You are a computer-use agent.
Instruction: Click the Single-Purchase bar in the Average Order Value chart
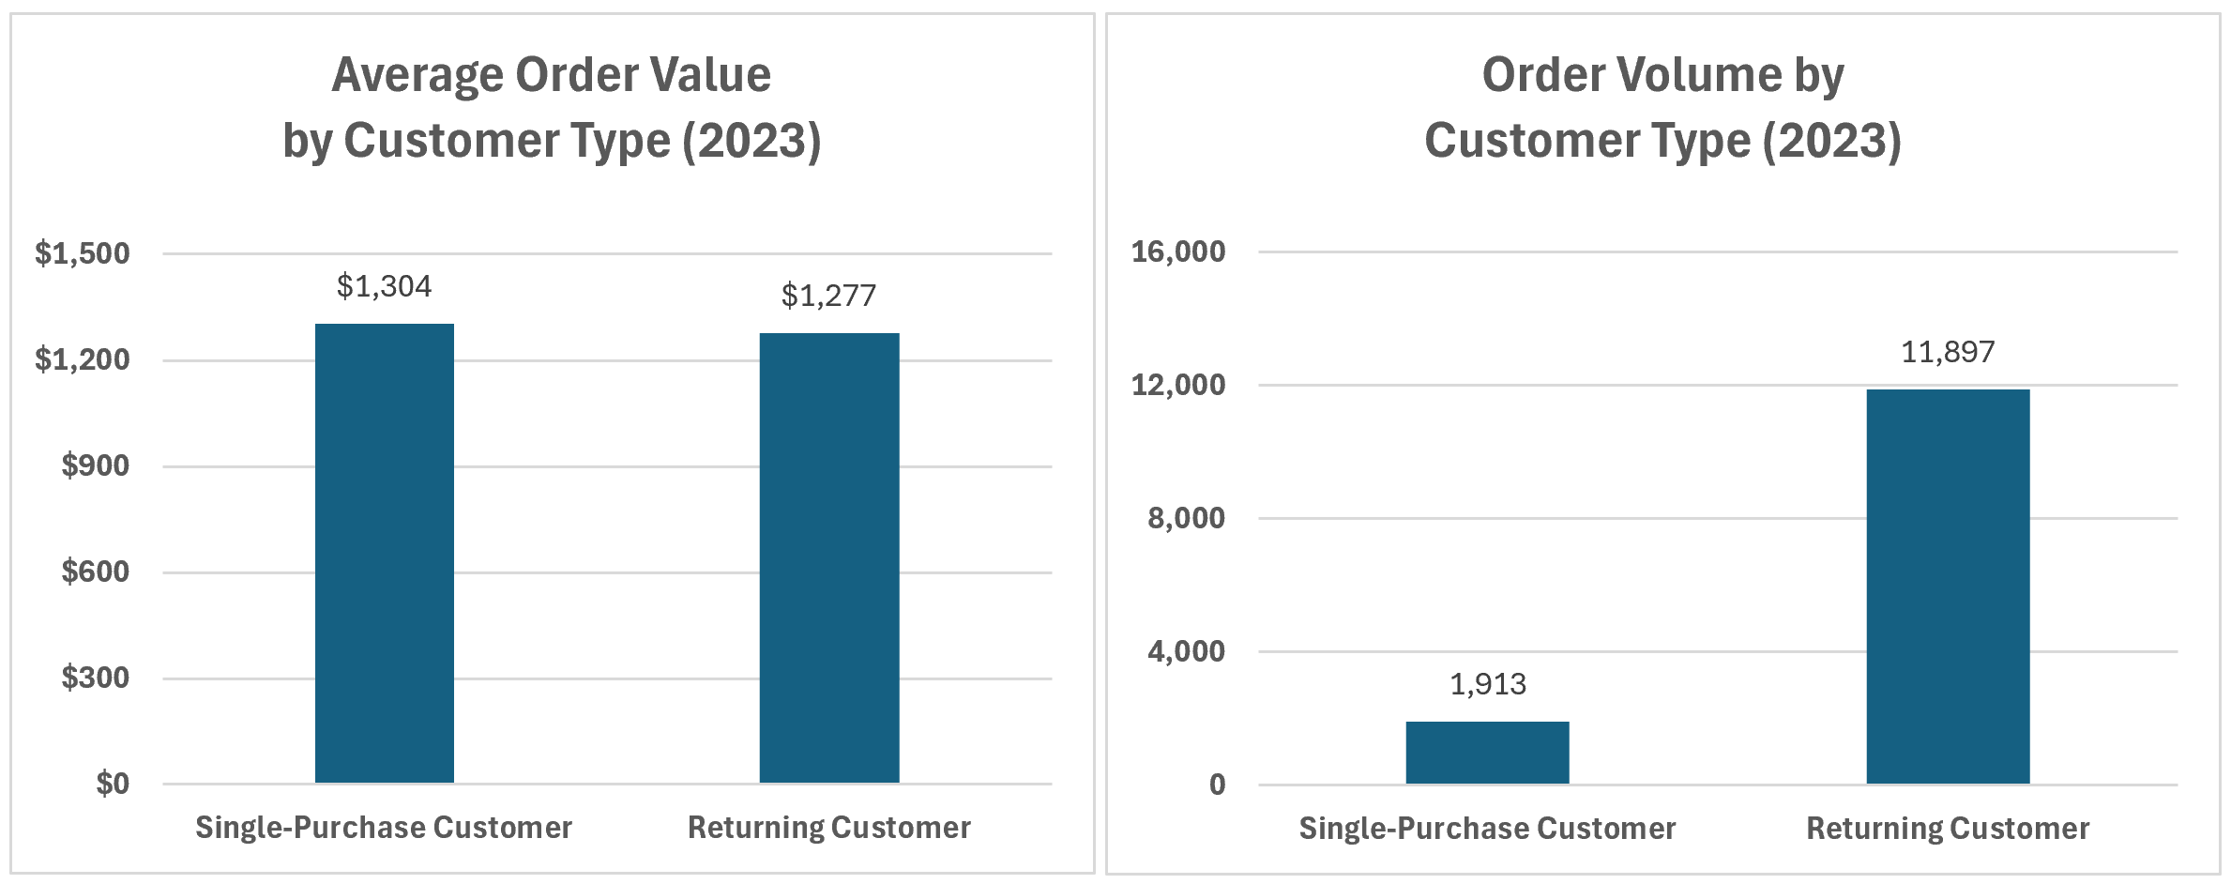[x=385, y=554]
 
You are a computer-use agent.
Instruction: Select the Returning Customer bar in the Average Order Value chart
[x=829, y=558]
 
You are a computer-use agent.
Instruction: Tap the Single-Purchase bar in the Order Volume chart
[x=1487, y=753]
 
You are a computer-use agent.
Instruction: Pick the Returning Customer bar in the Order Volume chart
[x=1948, y=587]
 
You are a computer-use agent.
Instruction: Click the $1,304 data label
[x=385, y=286]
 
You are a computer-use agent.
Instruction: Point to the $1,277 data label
[x=828, y=296]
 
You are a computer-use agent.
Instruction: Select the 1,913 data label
[x=1488, y=684]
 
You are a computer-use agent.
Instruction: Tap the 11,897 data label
[x=1948, y=352]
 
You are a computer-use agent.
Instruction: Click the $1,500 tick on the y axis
[x=83, y=253]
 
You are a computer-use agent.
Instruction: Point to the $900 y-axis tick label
[x=96, y=465]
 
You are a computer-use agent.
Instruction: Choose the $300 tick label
[x=96, y=678]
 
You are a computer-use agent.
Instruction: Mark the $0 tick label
[x=113, y=784]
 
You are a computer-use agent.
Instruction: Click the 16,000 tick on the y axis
[x=1178, y=251]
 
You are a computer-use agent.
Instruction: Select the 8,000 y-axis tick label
[x=1187, y=518]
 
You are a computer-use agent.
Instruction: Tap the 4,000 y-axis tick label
[x=1187, y=651]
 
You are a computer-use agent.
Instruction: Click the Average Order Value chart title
[x=552, y=107]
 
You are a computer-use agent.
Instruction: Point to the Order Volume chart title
[x=1662, y=107]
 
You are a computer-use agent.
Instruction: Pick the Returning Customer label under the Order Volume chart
[x=1948, y=829]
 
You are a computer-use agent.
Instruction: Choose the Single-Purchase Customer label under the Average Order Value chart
[x=384, y=828]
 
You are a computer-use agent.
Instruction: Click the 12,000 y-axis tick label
[x=1178, y=385]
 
